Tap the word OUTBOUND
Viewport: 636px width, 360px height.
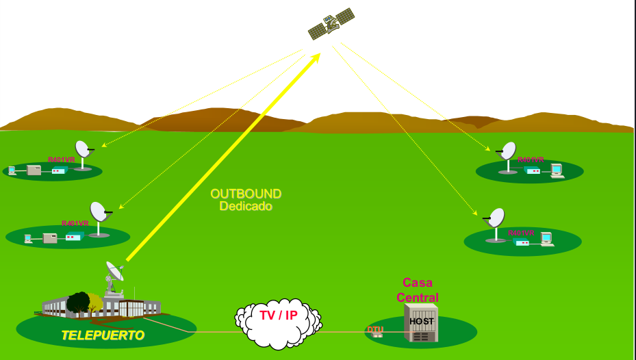246,194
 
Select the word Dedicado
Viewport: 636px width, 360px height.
246,206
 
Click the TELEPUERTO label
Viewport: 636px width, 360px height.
103,335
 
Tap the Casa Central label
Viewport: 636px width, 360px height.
418,290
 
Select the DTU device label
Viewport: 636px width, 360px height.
375,330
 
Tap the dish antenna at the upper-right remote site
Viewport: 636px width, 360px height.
508,153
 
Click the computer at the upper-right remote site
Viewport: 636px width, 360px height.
556,170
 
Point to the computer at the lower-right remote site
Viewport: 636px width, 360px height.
546,239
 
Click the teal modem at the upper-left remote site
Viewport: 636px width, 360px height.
59,170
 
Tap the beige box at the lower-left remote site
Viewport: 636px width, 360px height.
50,238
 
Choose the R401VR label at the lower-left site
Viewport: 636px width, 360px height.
75,223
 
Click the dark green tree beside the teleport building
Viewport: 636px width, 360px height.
79,303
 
